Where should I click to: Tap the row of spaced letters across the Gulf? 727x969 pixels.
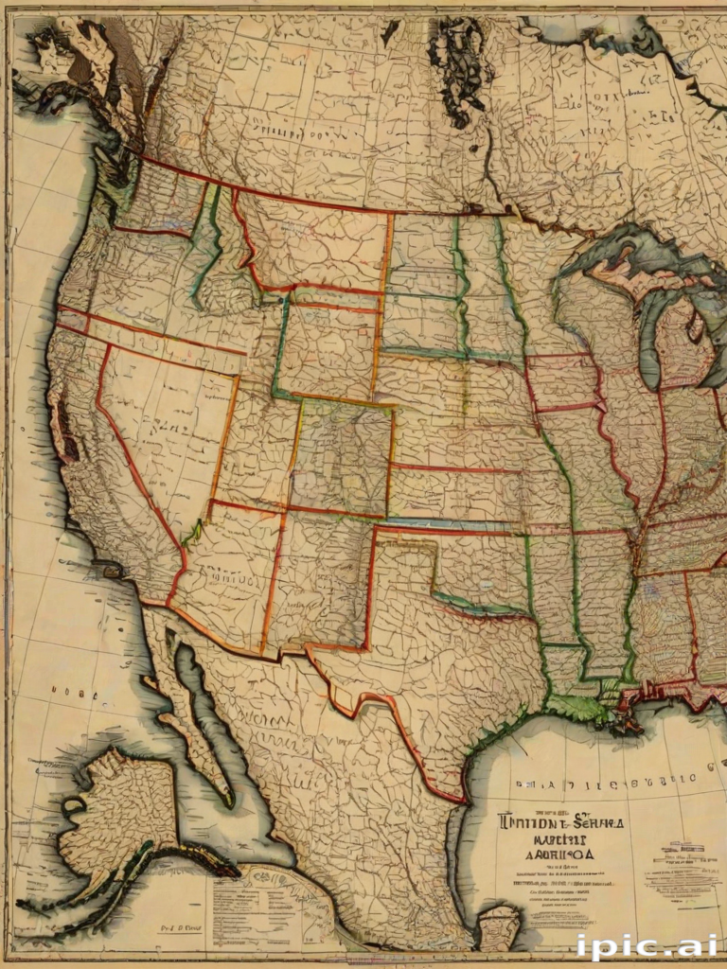(x=606, y=782)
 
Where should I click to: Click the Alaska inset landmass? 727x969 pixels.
(x=118, y=814)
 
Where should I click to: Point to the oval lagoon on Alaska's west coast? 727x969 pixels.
(x=74, y=805)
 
